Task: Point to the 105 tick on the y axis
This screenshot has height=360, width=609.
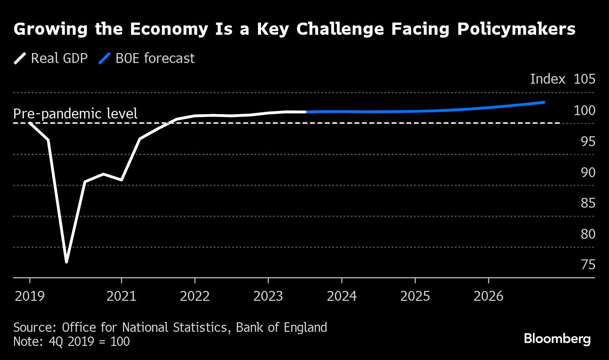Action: (584, 79)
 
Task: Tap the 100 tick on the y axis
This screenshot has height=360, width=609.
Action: (584, 110)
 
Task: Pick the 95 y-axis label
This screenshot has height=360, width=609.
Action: (587, 141)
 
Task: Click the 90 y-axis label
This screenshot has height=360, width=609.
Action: (587, 172)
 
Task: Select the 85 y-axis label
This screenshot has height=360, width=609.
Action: (587, 203)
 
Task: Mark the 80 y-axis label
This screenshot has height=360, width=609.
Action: (587, 234)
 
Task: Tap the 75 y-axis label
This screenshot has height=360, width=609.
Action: (587, 265)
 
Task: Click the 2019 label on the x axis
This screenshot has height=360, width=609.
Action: (30, 297)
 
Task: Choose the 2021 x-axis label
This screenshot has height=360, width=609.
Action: (122, 297)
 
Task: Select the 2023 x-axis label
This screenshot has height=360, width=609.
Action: (268, 297)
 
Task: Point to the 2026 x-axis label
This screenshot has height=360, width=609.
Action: (489, 297)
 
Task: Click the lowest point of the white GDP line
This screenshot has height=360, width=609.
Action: (66, 262)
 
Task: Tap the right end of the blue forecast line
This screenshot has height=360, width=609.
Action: (544, 102)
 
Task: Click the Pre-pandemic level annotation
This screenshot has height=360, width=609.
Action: (75, 114)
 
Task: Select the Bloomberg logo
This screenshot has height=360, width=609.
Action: (557, 339)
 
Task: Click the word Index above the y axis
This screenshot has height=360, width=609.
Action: (547, 79)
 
